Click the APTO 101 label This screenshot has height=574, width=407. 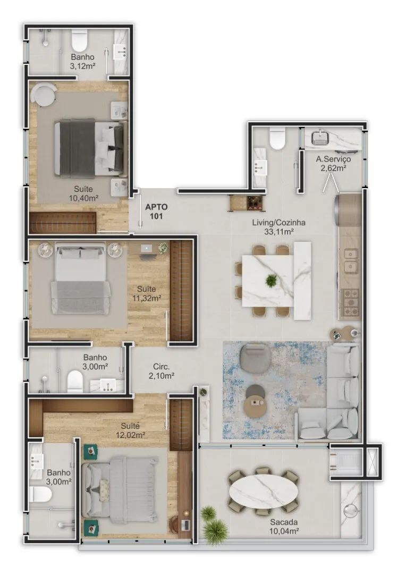tap(156, 211)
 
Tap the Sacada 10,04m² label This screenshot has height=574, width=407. tap(284, 526)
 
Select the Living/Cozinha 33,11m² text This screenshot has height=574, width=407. tap(279, 226)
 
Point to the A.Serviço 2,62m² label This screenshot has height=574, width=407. tap(334, 163)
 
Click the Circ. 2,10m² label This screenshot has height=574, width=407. tap(161, 371)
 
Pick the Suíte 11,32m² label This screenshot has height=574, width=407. tap(147, 293)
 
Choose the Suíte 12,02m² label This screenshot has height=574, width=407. tap(130, 430)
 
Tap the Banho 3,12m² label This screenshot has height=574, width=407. tap(83, 62)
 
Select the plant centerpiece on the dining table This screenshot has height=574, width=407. tap(271, 281)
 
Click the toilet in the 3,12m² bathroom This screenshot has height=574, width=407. tap(79, 41)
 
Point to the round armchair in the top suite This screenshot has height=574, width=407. tap(44, 95)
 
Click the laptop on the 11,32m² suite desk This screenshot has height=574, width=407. tap(147, 248)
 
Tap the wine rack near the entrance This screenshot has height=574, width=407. tap(248, 203)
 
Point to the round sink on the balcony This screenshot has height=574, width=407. tap(350, 511)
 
